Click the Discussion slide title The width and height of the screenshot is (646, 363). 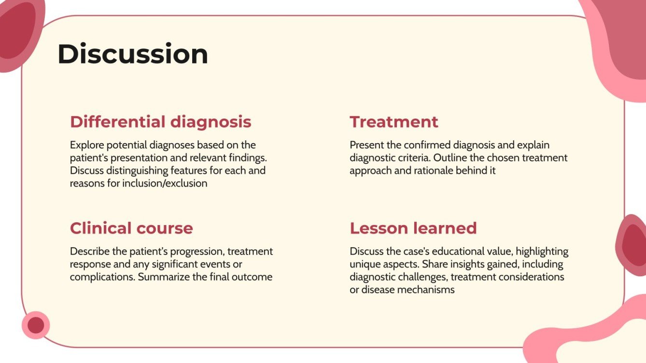(133, 54)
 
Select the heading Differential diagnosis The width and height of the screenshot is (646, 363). (160, 121)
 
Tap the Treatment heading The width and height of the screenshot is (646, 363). (394, 121)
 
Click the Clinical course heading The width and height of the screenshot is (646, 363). (131, 228)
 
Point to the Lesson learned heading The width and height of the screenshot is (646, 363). (413, 228)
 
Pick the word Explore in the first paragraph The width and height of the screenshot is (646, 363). (86, 145)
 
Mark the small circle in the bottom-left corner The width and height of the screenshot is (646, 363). (36, 325)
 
